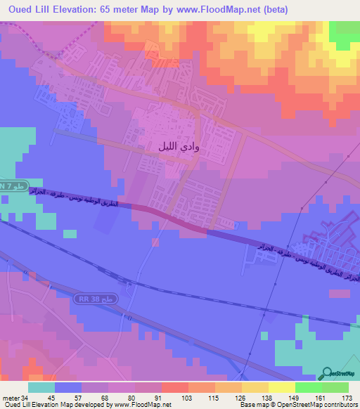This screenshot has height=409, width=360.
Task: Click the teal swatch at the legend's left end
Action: point(41,387)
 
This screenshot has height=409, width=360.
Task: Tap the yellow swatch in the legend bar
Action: point(282,387)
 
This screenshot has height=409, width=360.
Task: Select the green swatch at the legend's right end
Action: point(335,387)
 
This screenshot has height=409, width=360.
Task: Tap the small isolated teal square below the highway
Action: point(70,233)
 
